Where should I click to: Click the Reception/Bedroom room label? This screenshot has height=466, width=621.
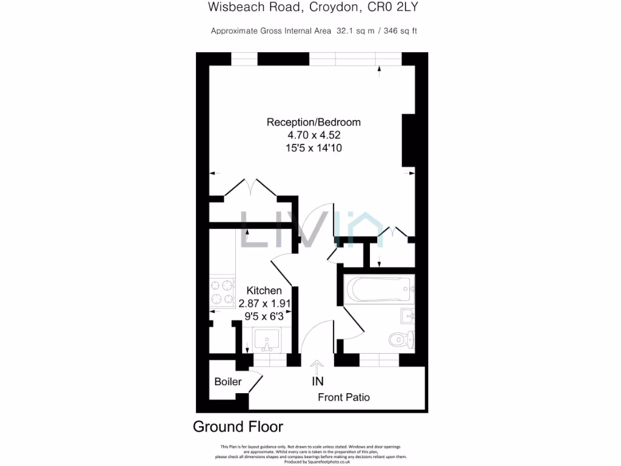coord(314,122)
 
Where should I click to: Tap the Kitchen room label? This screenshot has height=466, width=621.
coord(264,291)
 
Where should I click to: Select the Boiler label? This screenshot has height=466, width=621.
coord(228,382)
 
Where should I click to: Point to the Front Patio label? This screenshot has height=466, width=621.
coord(344,397)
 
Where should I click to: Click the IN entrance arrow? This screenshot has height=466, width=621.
coord(317,366)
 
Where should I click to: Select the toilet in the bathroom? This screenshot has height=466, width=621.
coord(401,339)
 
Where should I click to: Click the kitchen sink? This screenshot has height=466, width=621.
coord(266,340)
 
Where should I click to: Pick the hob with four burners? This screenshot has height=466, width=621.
coord(222,292)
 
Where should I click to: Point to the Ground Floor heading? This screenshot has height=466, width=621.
coord(238,427)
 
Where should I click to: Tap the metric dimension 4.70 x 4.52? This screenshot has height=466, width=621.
coord(314,135)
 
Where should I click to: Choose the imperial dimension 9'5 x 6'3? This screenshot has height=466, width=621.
coord(264,316)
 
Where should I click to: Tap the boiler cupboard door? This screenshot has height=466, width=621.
coord(256,383)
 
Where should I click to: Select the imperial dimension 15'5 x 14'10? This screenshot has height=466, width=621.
coord(314,147)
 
